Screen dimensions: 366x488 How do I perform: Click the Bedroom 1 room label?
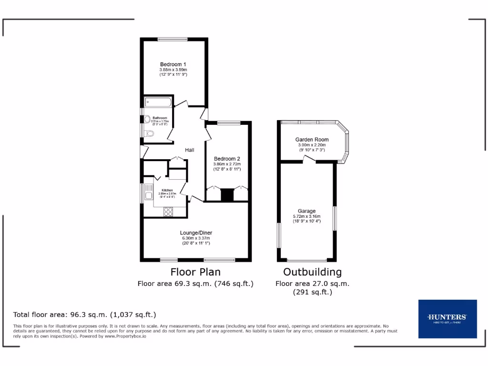173,64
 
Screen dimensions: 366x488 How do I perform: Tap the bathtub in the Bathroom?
158,102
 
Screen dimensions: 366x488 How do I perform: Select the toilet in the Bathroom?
151,134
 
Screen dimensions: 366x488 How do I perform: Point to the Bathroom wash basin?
148,119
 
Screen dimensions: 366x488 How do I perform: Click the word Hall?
190,150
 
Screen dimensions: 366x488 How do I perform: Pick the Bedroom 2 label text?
227,159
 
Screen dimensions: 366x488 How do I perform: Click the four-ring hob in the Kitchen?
169,212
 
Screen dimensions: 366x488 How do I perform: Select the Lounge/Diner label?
196,233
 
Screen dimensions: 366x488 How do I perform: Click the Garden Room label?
312,140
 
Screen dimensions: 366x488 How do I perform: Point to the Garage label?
307,211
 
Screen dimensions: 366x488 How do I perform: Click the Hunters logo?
447,318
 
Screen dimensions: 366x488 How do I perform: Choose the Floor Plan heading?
195,272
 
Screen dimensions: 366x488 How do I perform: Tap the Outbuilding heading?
312,272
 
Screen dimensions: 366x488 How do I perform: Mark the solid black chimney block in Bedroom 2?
228,195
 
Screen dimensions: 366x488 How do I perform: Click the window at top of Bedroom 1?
173,39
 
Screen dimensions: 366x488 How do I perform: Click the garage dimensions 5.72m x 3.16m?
307,216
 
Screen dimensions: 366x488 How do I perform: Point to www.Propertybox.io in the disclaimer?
125,336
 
